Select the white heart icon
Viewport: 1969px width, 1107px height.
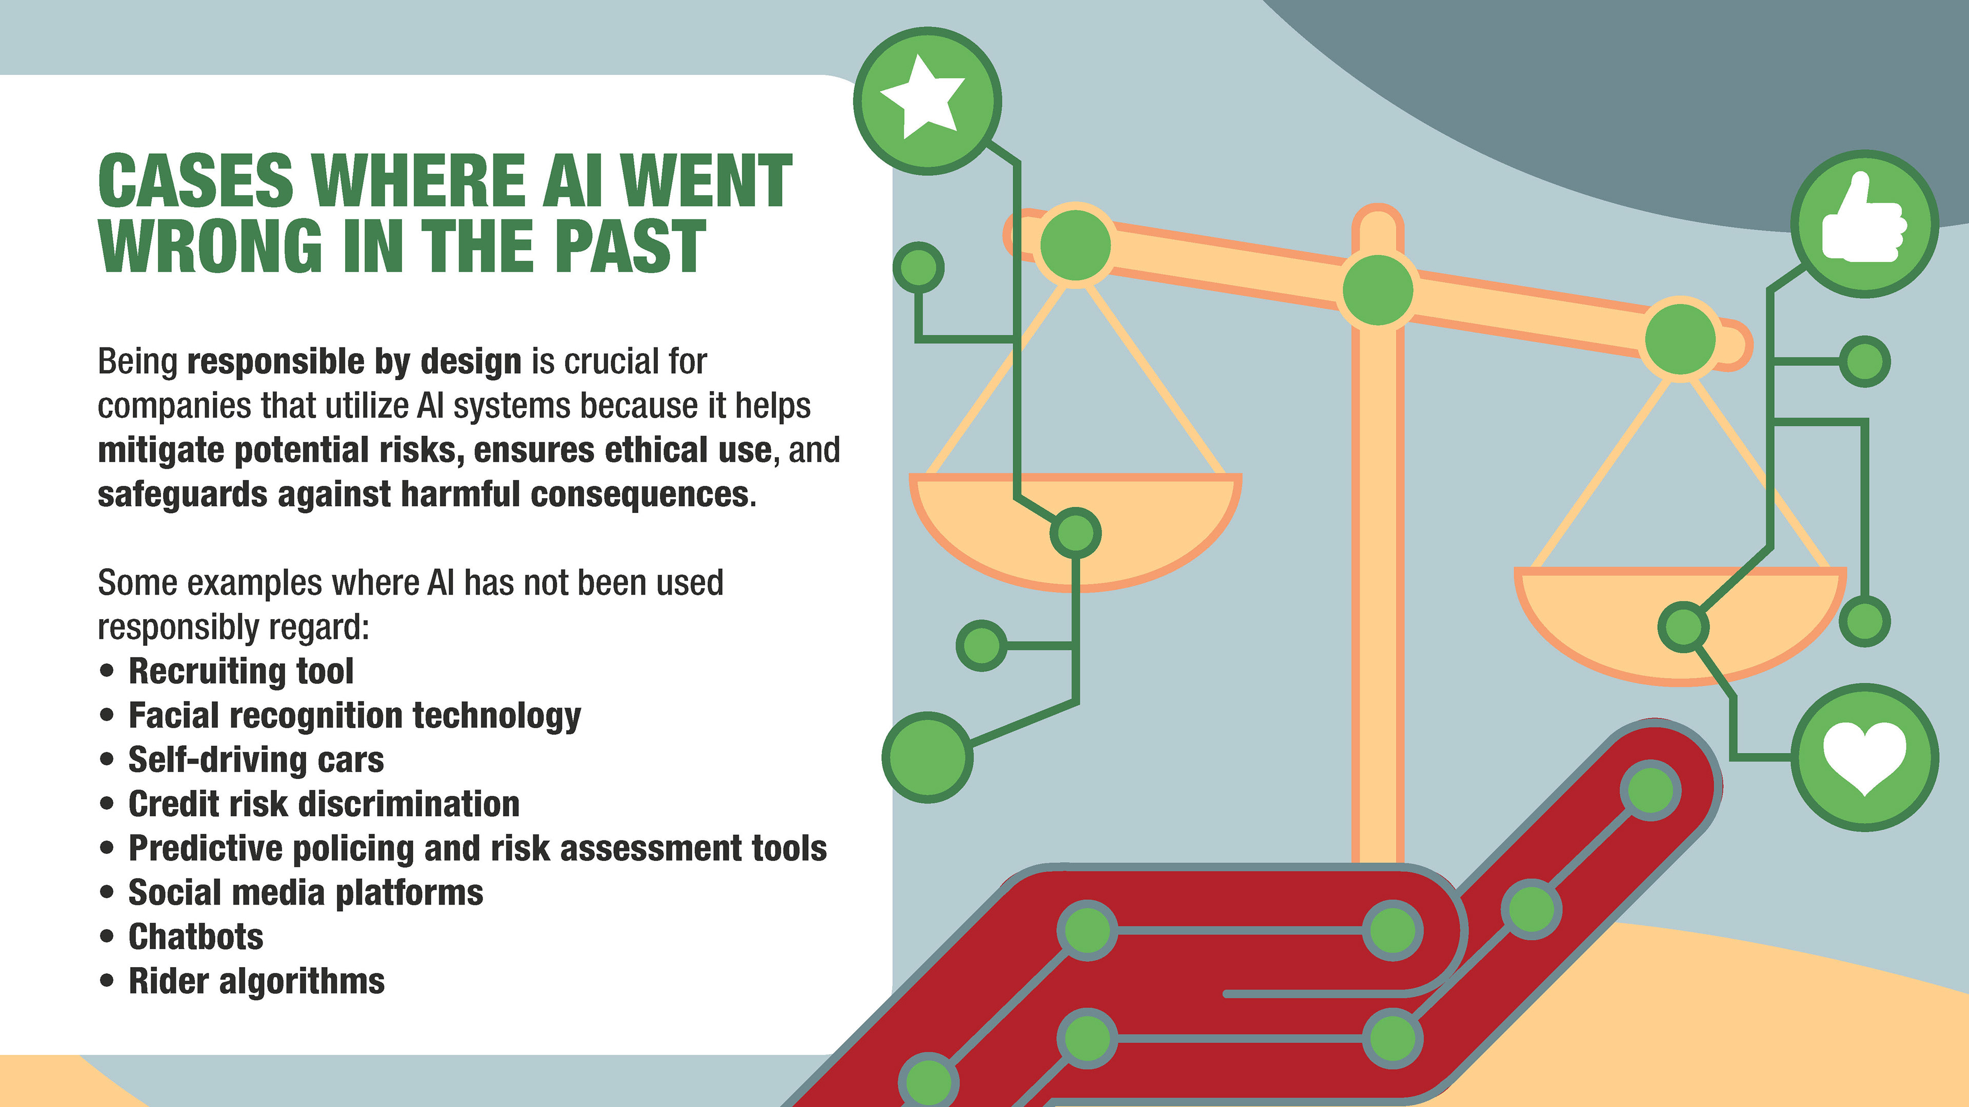[1864, 756]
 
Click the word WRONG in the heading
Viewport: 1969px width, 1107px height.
[210, 246]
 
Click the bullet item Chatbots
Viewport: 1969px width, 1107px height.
[196, 937]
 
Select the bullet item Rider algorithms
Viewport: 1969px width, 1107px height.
[256, 981]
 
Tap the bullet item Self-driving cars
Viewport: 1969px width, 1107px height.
[256, 760]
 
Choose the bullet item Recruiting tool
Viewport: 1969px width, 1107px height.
[241, 671]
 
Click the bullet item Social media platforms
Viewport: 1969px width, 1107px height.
[306, 892]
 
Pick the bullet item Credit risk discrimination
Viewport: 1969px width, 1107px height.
[324, 804]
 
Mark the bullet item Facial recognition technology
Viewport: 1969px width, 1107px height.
[355, 715]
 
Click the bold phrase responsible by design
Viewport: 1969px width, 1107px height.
[354, 361]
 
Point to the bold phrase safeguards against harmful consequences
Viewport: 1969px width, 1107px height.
[423, 494]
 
